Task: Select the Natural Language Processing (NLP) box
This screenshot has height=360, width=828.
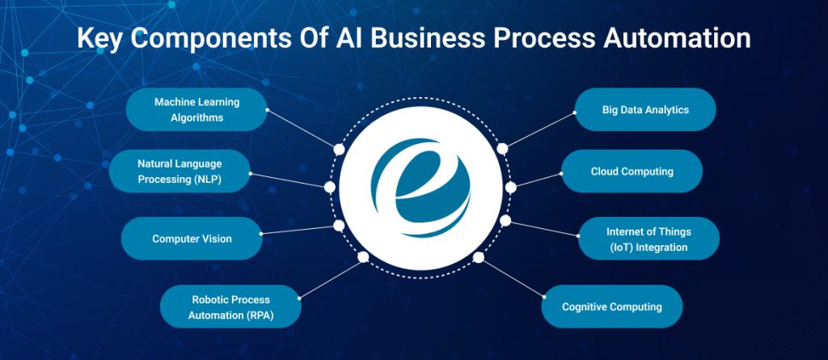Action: click(180, 171)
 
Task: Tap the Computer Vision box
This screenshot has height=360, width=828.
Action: click(192, 239)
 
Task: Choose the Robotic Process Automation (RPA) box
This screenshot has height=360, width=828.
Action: click(231, 307)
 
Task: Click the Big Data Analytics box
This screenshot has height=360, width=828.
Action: click(645, 109)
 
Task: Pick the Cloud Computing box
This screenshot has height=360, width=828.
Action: click(632, 172)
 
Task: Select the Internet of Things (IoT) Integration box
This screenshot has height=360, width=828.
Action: click(648, 239)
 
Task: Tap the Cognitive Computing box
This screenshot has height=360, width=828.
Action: click(612, 307)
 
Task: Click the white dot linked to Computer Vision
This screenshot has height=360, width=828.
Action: click(339, 226)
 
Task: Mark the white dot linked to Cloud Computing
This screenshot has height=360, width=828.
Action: click(510, 187)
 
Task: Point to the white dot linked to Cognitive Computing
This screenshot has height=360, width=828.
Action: click(478, 257)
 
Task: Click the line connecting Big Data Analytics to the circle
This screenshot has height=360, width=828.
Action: click(539, 130)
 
